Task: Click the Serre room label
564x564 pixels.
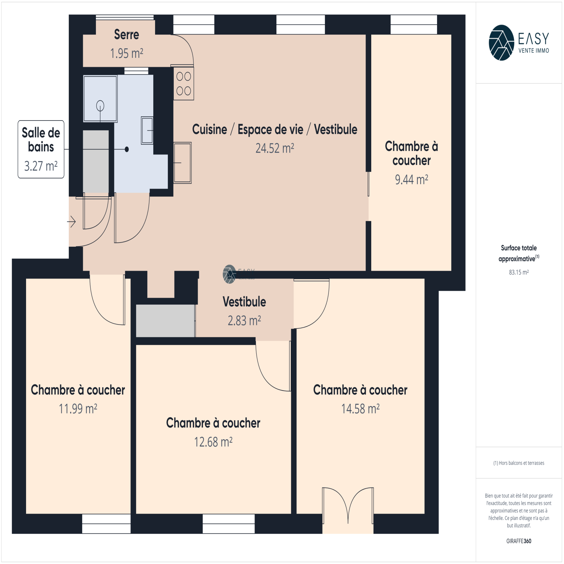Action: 127,35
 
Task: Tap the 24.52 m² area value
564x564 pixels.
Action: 275,148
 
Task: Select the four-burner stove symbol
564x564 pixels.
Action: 184,84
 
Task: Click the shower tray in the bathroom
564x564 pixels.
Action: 100,99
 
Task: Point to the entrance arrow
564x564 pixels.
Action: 72,222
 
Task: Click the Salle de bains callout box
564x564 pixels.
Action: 41,149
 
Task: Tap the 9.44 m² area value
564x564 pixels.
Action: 411,180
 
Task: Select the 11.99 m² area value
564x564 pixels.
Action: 78,409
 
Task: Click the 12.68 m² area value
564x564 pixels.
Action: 213,442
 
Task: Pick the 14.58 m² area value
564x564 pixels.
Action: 360,409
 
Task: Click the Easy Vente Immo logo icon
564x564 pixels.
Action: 501,43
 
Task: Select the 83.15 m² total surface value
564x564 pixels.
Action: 519,272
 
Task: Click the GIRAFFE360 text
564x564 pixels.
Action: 519,541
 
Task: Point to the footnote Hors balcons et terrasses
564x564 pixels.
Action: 519,463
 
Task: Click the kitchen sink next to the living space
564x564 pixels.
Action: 183,163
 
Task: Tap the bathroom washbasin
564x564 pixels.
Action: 147,130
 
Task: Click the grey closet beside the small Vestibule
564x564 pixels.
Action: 166,321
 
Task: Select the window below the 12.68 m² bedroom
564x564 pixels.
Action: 229,523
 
